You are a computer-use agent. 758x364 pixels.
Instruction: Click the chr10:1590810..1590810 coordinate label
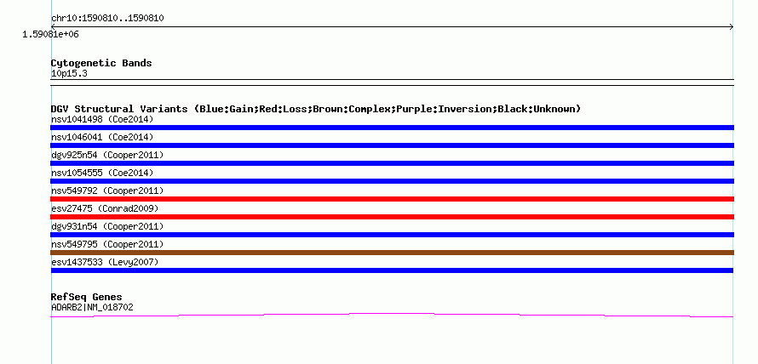[x=107, y=19]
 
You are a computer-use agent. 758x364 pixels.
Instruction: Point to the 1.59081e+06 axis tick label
[x=50, y=35]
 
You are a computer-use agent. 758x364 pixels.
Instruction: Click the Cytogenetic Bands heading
[x=101, y=63]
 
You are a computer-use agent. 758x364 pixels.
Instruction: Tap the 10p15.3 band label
[x=69, y=74]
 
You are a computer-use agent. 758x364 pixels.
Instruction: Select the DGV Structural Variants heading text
[x=316, y=109]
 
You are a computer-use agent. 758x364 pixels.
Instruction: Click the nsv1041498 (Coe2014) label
[x=102, y=120]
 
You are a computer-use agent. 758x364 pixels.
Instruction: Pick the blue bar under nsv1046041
[x=392, y=145]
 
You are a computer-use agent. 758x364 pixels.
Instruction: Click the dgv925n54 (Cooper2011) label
[x=107, y=156]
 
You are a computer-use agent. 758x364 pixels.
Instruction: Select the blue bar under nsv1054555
[x=392, y=181]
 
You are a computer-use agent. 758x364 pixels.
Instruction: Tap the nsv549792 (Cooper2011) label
[x=107, y=191]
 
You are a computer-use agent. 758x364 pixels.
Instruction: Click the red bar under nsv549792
[x=392, y=199]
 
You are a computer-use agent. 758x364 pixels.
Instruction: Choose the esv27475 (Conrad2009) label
[x=105, y=209]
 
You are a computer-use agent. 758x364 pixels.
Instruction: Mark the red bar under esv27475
[x=392, y=217]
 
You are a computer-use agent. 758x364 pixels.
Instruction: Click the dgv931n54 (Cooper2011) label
[x=107, y=227]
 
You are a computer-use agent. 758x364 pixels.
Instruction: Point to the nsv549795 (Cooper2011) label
[x=107, y=245]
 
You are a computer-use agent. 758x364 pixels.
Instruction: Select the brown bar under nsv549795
[x=392, y=253]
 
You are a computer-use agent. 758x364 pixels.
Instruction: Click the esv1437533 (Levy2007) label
[x=105, y=263]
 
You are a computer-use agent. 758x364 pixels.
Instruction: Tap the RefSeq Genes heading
[x=87, y=297]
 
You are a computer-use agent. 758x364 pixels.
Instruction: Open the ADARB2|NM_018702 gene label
[x=92, y=308]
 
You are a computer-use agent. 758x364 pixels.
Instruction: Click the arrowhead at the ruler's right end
[x=732, y=26]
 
